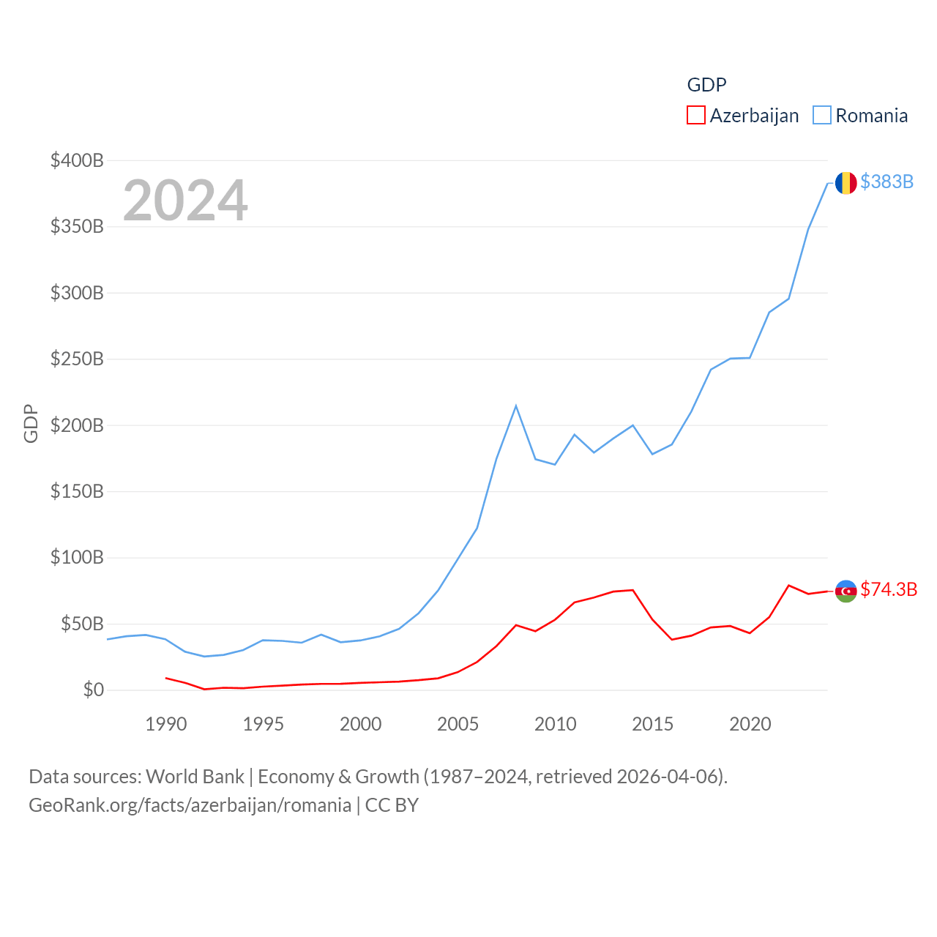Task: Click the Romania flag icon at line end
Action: tap(845, 183)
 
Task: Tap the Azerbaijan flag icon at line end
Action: tap(845, 591)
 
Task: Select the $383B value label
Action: tap(886, 182)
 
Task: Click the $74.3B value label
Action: tap(889, 589)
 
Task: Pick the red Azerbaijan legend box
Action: tap(695, 116)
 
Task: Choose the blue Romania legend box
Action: tap(822, 116)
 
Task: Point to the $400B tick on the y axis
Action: tap(77, 160)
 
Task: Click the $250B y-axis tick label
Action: tap(77, 359)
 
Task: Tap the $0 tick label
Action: tap(93, 690)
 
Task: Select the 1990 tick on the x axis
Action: tap(166, 724)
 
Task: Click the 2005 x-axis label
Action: tap(458, 724)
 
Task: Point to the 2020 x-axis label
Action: tap(750, 724)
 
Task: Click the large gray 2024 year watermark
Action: tap(185, 201)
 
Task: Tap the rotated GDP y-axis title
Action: tap(31, 423)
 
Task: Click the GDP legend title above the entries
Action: tap(706, 85)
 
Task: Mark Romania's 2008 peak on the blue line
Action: tap(516, 406)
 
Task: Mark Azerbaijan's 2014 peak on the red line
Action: tap(633, 590)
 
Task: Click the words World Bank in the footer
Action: tap(195, 776)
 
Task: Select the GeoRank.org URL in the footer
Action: tap(190, 805)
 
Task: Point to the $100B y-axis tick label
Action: tap(77, 558)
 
